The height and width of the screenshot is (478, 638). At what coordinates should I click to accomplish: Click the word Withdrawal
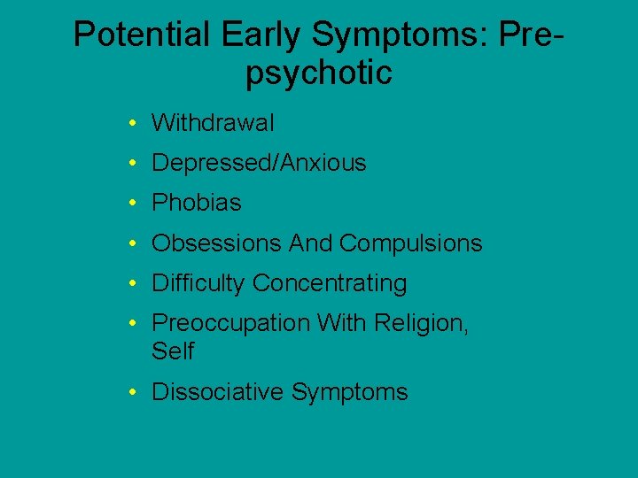click(213, 122)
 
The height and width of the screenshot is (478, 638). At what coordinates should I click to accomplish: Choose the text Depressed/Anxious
click(259, 163)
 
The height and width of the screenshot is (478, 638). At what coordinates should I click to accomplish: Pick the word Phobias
click(196, 203)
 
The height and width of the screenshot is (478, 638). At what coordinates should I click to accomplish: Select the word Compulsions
click(410, 243)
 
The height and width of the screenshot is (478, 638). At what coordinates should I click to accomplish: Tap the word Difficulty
click(198, 283)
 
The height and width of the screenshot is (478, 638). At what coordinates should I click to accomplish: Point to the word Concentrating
click(330, 283)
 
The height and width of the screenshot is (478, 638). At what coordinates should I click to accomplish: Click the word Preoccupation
click(230, 323)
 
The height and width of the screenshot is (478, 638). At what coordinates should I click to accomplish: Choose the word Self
click(172, 351)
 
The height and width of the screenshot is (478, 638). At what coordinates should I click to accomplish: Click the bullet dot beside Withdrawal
click(130, 123)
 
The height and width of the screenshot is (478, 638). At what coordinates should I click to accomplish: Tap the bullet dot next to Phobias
click(130, 204)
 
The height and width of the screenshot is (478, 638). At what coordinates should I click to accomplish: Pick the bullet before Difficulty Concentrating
click(130, 284)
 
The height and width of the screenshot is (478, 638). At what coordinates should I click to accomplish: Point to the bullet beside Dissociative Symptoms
click(130, 393)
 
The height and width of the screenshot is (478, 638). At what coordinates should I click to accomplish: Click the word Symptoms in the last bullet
click(349, 392)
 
